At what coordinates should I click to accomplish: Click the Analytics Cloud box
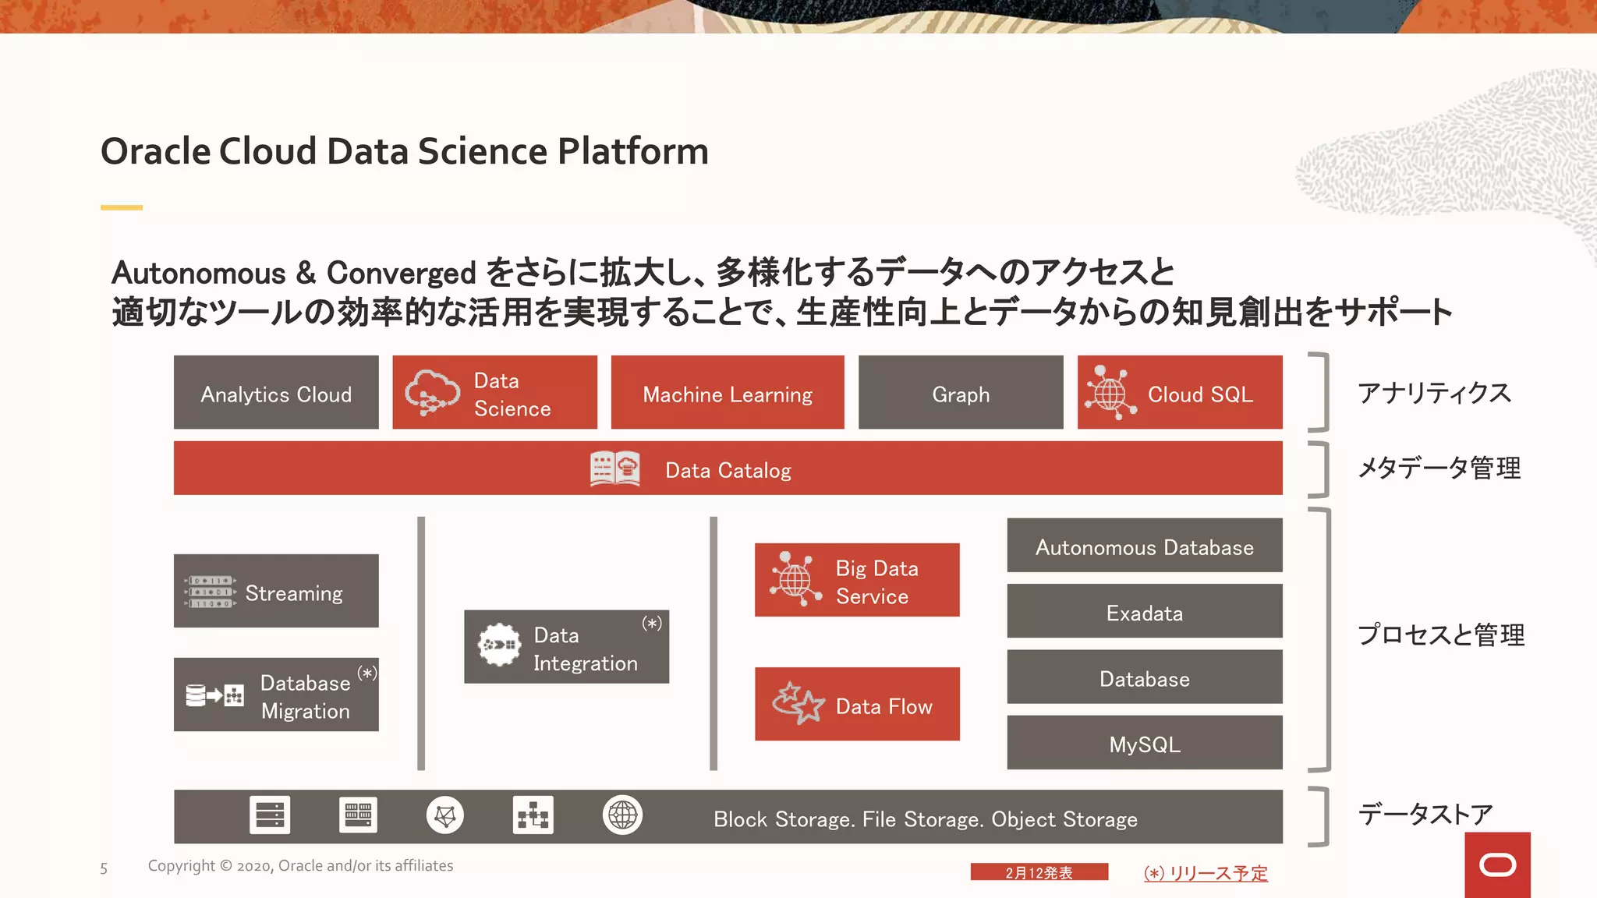pos(276,393)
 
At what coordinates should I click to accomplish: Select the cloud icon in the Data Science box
pos(432,391)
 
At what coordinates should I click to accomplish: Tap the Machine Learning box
pos(728,393)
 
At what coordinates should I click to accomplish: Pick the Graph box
pos(961,393)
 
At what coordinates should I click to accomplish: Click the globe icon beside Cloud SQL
pos(1110,393)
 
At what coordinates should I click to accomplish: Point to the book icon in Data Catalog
pos(614,469)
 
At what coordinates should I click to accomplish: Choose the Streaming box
pos(276,591)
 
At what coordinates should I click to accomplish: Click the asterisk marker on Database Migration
pos(367,673)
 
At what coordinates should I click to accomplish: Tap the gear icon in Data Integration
pos(499,645)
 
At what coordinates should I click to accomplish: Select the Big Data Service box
pos(857,581)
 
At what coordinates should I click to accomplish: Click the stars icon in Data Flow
pos(798,703)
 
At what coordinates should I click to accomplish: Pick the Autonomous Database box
pos(1144,546)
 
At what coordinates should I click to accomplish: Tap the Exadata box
pos(1144,612)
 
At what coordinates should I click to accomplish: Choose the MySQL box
pos(1144,743)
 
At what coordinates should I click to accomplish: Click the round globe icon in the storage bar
pos(622,815)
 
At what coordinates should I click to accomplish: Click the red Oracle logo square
pos(1497,864)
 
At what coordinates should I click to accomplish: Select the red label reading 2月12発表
pos(1039,872)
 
